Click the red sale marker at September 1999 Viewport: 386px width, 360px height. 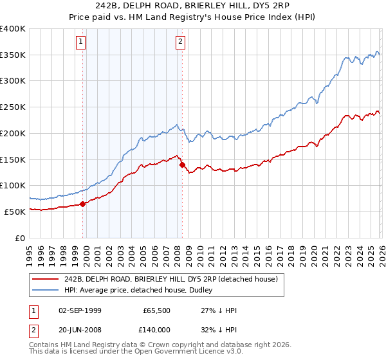coord(82,204)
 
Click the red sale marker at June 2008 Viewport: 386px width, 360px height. coord(182,165)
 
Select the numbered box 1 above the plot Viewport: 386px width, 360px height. coord(81,42)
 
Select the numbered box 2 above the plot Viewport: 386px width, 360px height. coord(180,42)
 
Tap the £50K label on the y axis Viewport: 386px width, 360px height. coord(15,212)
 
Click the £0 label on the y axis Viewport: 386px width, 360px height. coord(21,238)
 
